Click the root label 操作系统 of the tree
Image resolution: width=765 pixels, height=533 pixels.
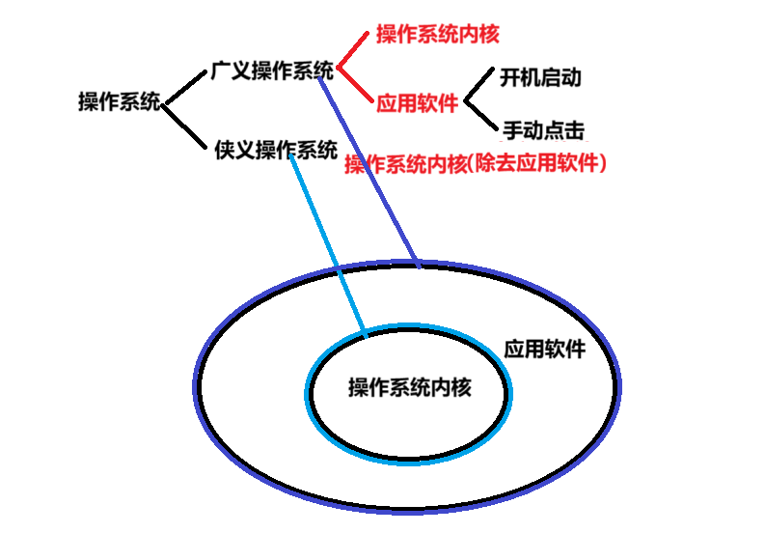click(118, 102)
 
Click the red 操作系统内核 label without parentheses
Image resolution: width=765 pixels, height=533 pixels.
click(437, 35)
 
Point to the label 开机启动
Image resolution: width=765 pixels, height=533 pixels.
click(541, 76)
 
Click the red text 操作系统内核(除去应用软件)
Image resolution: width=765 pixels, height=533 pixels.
click(475, 164)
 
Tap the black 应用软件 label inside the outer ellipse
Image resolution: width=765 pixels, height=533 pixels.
click(544, 349)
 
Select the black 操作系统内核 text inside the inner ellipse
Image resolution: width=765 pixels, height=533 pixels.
click(410, 387)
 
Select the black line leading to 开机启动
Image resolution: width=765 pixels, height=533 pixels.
click(480, 86)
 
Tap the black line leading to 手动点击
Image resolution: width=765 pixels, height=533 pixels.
click(480, 114)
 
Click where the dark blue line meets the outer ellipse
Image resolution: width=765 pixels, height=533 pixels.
click(417, 262)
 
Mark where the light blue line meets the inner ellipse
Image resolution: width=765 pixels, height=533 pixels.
click(365, 335)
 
